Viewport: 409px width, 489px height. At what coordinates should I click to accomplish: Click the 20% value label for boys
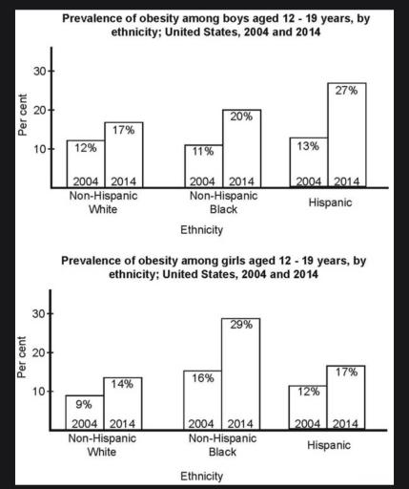pos(239,116)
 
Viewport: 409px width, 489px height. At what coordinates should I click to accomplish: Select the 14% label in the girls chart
pos(123,385)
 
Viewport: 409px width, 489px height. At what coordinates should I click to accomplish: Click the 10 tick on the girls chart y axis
pos(37,392)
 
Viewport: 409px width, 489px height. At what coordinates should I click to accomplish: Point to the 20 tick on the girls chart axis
pos(37,352)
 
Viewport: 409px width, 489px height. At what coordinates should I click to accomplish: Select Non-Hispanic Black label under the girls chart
pos(221,445)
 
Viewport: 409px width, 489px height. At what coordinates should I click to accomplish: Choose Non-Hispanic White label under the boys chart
pos(103,202)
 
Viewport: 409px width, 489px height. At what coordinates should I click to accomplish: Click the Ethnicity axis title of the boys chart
pos(201,230)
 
